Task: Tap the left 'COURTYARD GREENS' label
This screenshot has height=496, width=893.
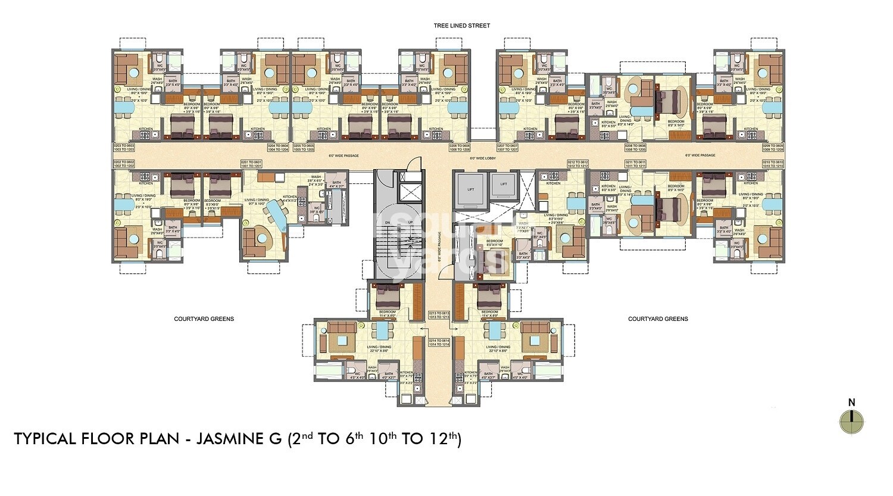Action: coord(204,319)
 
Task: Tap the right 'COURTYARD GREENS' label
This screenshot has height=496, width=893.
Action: coord(658,319)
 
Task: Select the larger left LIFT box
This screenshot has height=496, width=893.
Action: coord(470,188)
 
